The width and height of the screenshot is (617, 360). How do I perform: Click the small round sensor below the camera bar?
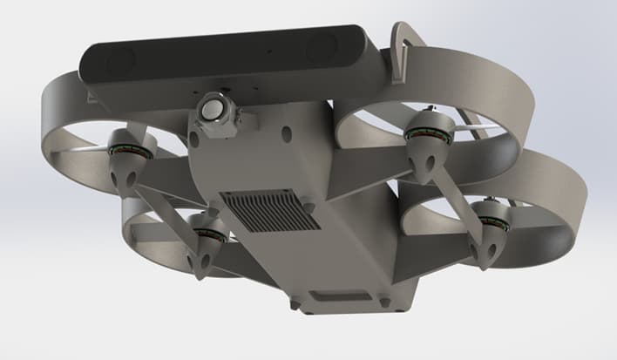(214, 110)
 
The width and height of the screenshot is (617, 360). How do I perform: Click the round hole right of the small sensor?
(287, 136)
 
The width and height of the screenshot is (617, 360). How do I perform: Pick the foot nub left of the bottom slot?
(295, 304)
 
